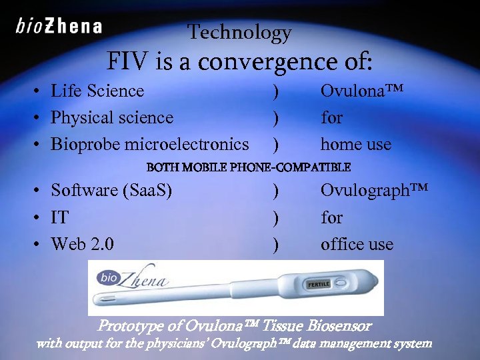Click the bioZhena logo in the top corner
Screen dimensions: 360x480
point(59,27)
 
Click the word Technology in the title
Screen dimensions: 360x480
point(239,32)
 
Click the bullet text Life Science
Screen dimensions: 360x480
point(97,91)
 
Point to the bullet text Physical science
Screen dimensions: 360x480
point(112,118)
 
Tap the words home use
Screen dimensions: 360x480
point(356,144)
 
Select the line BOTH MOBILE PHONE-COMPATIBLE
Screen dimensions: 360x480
point(248,167)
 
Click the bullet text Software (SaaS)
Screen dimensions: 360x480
point(111,191)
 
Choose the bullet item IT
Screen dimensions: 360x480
point(60,217)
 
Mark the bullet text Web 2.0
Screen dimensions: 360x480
point(83,244)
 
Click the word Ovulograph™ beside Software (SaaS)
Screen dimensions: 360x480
point(373,191)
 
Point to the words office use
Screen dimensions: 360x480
point(357,244)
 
